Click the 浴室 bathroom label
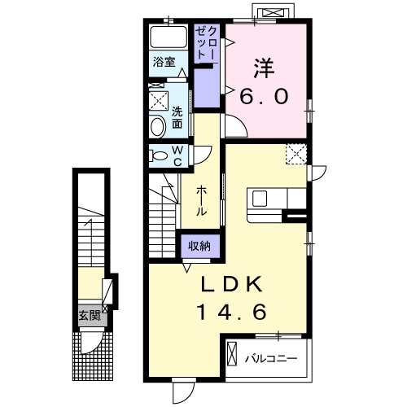[x=164, y=62]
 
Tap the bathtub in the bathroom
[x=168, y=37]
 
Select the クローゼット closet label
[x=206, y=43]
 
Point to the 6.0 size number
[x=264, y=97]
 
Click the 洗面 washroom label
[x=177, y=118]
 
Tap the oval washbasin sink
[x=158, y=126]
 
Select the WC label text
[x=177, y=155]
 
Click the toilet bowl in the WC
[x=159, y=156]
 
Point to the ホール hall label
[x=201, y=200]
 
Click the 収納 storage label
[x=199, y=246]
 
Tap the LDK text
[x=231, y=284]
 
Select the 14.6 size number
[x=231, y=312]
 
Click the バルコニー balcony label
[x=271, y=359]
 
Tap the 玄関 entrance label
[x=90, y=315]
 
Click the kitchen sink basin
[x=260, y=199]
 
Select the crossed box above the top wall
[x=273, y=12]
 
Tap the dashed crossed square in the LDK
[x=296, y=154]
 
